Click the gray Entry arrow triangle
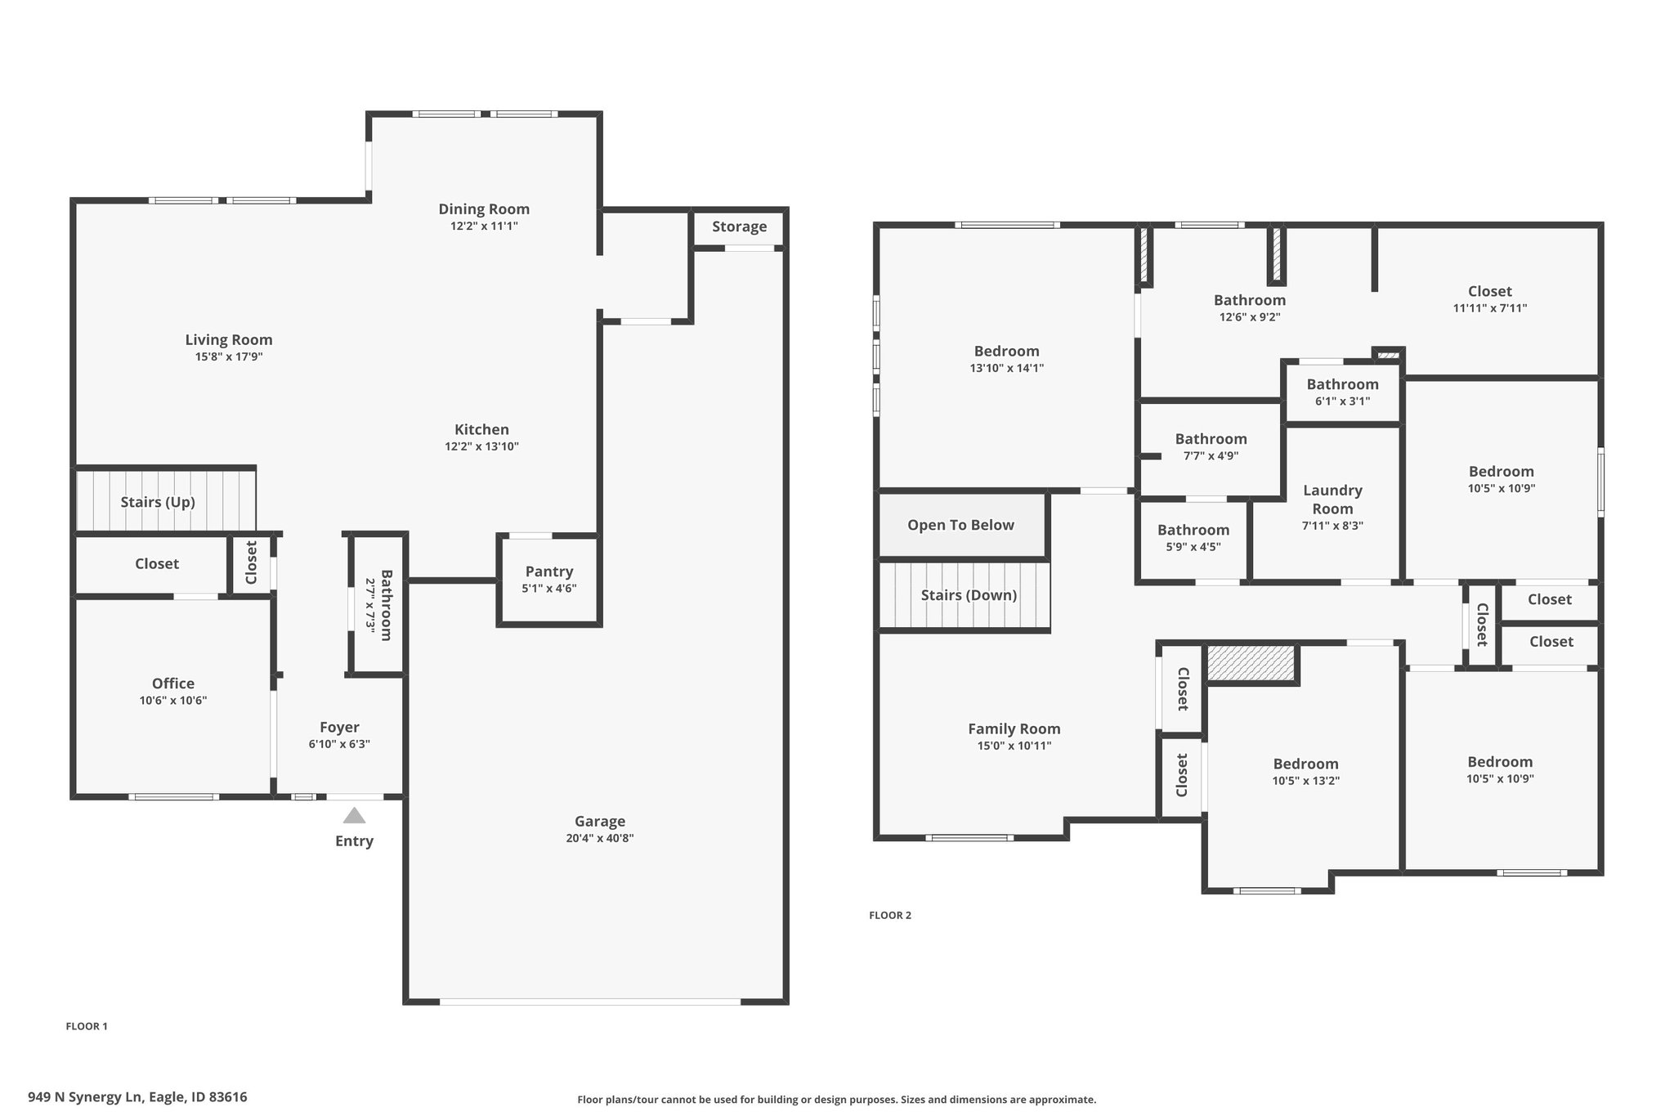[x=354, y=815]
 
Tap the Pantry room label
[x=549, y=571]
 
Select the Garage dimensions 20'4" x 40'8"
[x=600, y=838]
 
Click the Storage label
[x=740, y=226]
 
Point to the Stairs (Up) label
[x=158, y=502]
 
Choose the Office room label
[x=173, y=683]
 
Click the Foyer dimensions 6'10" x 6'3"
[x=339, y=744]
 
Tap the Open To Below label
[x=961, y=525]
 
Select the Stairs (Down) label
[x=969, y=595]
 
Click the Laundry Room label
[x=1333, y=499]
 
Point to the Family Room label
[x=1014, y=728]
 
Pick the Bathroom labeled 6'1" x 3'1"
[x=1343, y=384]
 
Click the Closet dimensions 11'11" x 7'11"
[x=1490, y=308]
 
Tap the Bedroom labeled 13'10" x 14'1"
[x=1007, y=351]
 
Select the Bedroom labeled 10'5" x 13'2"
[x=1306, y=764]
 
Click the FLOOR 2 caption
[x=890, y=915]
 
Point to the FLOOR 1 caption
[x=87, y=1026]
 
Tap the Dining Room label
[x=484, y=208]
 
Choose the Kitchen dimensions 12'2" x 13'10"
[x=482, y=446]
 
